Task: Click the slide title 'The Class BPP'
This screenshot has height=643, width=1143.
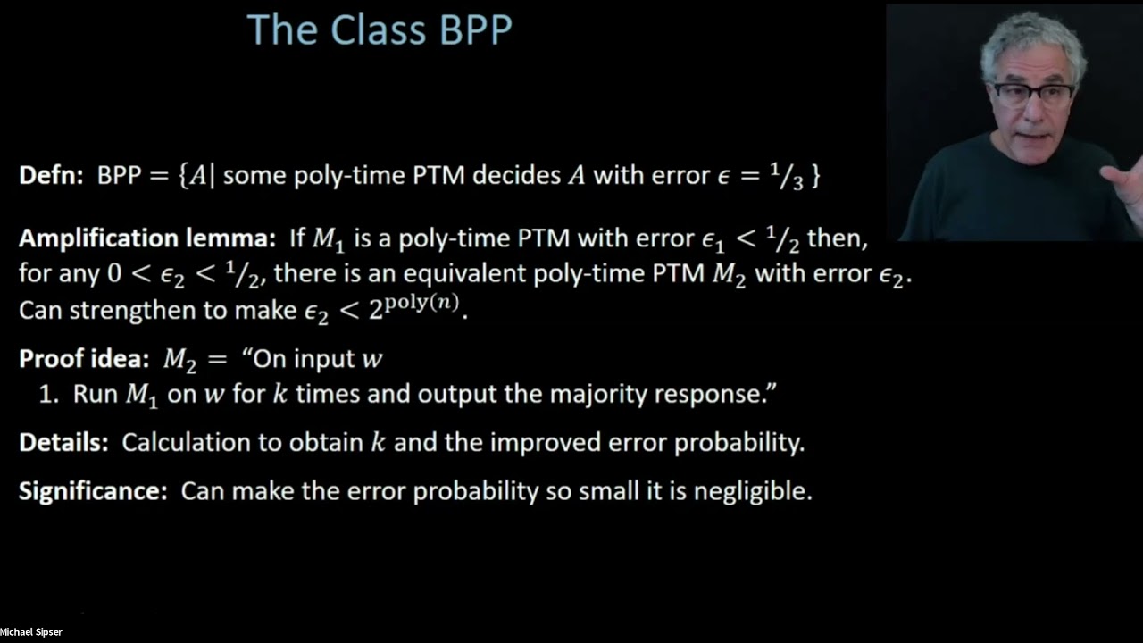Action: click(379, 30)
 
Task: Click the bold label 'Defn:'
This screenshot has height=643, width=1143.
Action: click(53, 175)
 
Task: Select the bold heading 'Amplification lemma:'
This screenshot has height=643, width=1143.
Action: click(147, 239)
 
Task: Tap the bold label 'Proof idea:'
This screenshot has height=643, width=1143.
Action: click(84, 359)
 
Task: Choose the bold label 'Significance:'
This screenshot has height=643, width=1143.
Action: click(93, 491)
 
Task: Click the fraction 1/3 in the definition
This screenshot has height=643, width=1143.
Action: click(792, 176)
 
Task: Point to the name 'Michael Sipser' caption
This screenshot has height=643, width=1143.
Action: click(31, 632)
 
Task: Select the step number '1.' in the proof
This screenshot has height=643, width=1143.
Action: click(48, 395)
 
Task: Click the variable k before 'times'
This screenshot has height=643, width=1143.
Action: click(279, 395)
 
